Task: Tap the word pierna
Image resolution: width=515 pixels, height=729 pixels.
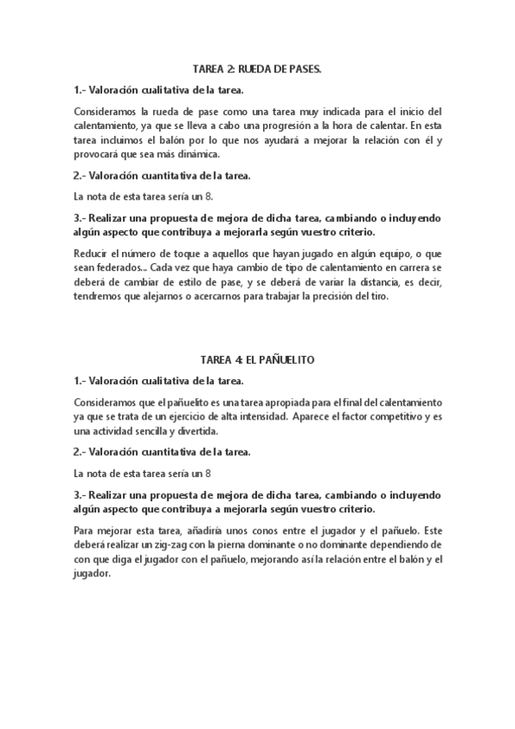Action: (241, 545)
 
